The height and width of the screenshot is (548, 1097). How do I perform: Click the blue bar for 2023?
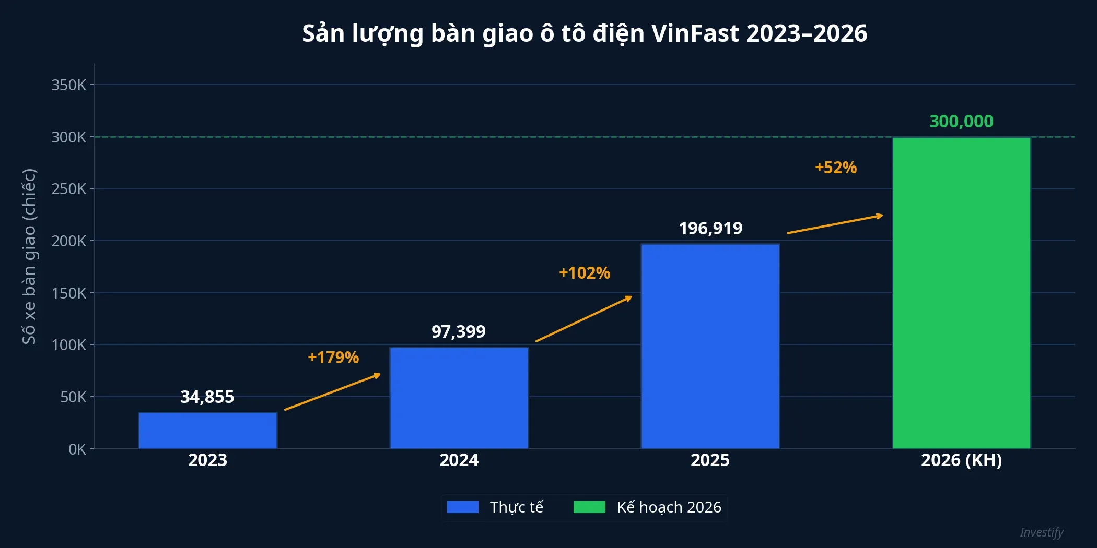(207, 431)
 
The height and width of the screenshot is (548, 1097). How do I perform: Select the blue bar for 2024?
(459, 398)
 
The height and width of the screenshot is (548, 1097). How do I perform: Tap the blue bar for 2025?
(710, 346)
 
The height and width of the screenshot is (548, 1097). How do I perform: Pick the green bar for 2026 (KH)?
(961, 292)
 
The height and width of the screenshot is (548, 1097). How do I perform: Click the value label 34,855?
(207, 397)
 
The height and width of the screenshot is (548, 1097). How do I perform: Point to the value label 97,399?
(459, 331)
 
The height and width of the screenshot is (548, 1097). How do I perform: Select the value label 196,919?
(710, 228)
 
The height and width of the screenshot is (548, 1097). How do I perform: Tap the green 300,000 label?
(961, 121)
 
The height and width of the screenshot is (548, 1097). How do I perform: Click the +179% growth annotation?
(333, 358)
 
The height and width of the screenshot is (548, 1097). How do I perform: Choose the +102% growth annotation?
(585, 273)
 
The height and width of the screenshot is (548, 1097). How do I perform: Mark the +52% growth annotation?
(836, 168)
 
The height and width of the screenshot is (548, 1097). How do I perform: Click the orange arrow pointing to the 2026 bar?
(835, 224)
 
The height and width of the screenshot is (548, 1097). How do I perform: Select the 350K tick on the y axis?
(68, 85)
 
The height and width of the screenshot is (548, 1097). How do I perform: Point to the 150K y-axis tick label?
(68, 293)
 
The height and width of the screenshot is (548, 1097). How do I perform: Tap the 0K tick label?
(77, 449)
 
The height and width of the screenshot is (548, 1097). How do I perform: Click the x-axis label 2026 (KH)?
(961, 460)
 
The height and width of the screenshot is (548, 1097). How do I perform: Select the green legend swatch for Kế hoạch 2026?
(589, 507)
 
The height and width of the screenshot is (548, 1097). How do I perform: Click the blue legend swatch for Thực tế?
(463, 507)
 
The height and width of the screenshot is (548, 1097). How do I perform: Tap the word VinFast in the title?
(695, 33)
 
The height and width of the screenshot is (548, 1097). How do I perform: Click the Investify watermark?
(1041, 532)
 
